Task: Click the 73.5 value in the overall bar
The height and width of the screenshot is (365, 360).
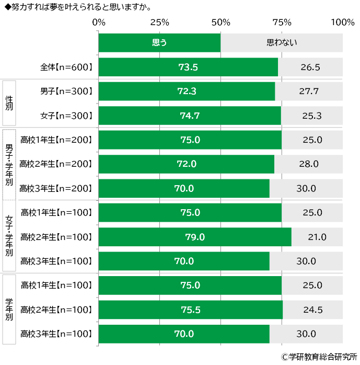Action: [188, 67]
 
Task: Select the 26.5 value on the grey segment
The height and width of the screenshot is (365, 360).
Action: [310, 67]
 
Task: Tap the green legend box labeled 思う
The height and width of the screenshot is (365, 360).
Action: [159, 42]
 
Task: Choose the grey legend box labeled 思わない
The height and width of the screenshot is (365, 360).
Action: [282, 42]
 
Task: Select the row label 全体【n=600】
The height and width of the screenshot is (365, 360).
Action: [66, 67]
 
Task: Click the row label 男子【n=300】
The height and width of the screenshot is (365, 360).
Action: [66, 92]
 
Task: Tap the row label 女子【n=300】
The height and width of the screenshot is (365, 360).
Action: [66, 116]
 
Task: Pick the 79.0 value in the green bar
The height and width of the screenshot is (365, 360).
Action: [195, 237]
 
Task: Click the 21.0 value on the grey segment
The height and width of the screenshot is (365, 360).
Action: [317, 237]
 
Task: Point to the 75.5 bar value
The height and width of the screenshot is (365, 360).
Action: [190, 309]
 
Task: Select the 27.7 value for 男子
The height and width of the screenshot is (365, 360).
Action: [309, 92]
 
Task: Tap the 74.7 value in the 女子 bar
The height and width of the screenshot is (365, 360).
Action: [190, 116]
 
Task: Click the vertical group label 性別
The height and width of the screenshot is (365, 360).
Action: [9, 103]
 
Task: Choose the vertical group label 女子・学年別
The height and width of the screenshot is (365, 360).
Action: [9, 236]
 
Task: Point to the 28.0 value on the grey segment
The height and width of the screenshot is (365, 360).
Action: [308, 164]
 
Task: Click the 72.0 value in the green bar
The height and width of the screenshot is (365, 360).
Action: [187, 164]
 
